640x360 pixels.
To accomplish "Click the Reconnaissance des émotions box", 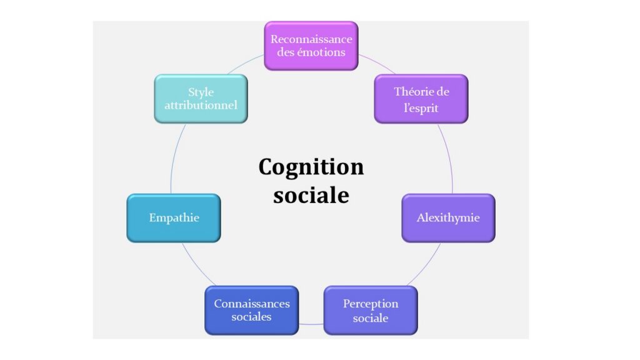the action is point(311,46).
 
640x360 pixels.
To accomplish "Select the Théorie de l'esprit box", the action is point(421,99).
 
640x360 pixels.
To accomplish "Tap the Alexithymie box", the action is point(449,218).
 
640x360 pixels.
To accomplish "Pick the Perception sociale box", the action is point(371,310).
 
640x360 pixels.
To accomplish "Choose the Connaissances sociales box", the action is point(252,310).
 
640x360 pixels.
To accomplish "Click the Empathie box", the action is point(174,218).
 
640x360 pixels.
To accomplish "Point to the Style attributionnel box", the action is point(201,99).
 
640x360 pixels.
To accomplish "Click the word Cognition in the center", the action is point(311,167).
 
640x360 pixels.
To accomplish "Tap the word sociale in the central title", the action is point(311,195).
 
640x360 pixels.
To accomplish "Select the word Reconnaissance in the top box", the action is point(311,39).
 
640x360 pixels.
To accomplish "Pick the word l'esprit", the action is point(421,107).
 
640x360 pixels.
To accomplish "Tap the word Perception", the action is point(371,304).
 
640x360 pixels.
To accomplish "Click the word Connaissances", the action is point(252,304).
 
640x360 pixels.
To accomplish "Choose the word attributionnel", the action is point(201,105).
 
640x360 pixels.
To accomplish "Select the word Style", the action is point(201,92).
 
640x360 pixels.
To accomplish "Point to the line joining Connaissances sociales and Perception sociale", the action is point(311,324).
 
